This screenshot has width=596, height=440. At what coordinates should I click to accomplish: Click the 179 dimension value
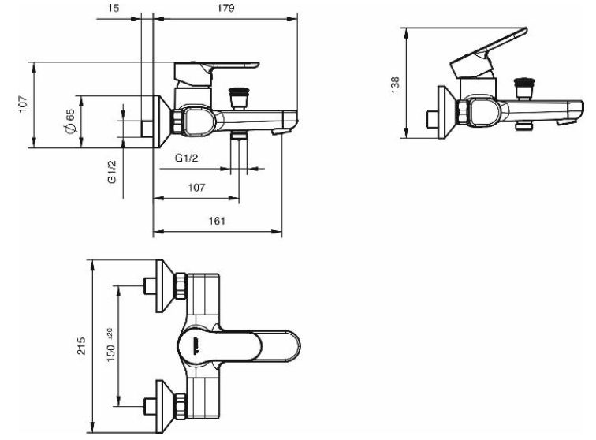[x=225, y=8]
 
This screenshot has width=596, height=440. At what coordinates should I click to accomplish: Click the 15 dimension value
[x=114, y=8]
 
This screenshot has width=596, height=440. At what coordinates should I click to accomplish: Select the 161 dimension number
[x=217, y=221]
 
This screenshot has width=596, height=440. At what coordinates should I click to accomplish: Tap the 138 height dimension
[x=395, y=85]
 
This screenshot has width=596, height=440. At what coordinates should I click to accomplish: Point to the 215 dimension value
[x=81, y=346]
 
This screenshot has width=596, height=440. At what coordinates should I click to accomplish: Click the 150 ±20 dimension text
[x=110, y=345]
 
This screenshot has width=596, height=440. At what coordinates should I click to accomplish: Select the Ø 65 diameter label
[x=71, y=121]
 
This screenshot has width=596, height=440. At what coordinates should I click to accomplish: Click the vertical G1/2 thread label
[x=112, y=172]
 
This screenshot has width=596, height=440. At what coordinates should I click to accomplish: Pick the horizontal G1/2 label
[x=187, y=158]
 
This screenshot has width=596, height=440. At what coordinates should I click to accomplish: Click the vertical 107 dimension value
[x=23, y=104]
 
